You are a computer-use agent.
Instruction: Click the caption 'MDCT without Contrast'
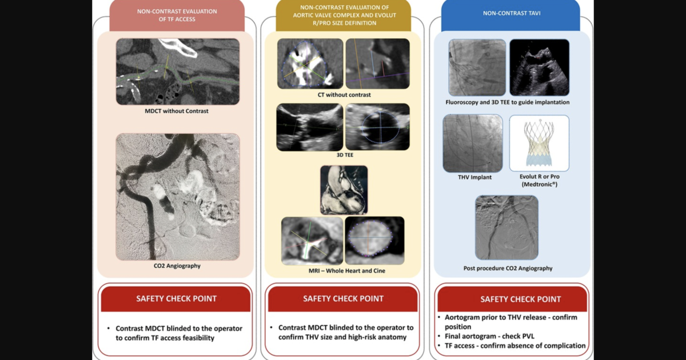tap(176, 111)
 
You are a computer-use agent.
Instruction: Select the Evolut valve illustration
tap(539, 143)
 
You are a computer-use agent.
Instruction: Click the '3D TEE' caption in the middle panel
tap(343, 155)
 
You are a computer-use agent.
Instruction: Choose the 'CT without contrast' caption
tap(343, 95)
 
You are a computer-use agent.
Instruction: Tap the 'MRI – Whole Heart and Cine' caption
tap(343, 271)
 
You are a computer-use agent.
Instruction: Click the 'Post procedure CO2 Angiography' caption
tap(508, 268)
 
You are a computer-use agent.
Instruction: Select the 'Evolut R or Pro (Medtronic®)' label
tap(539, 181)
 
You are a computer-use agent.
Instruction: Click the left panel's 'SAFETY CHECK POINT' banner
tap(176, 298)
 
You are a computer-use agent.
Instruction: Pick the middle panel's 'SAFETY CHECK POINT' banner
tap(343, 298)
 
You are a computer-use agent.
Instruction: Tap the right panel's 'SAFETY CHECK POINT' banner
tap(512, 299)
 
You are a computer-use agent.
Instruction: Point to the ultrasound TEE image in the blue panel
tap(539, 67)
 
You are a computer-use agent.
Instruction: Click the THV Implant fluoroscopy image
tap(473, 143)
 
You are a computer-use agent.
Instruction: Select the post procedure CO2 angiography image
tap(506, 227)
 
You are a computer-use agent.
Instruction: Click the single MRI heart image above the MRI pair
tap(344, 190)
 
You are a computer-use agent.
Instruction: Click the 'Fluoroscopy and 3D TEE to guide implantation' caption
tap(508, 102)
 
